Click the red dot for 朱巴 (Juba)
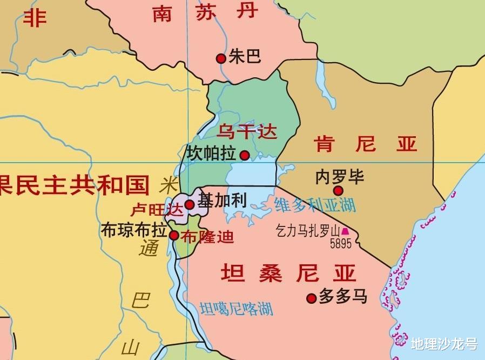point(220,58)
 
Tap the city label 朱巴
point(245,56)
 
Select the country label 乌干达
point(247,131)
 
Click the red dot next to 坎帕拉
point(245,156)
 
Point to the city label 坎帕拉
point(211,154)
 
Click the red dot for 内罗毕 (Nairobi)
point(338,190)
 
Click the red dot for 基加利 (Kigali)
point(190,204)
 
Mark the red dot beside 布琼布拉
point(174,235)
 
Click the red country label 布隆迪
point(207,236)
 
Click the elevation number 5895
point(341,244)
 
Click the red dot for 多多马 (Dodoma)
point(311,298)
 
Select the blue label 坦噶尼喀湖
point(236,309)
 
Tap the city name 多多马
point(343,296)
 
